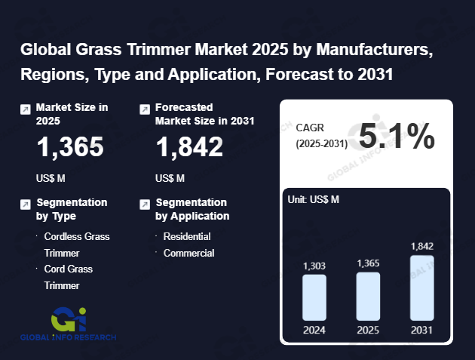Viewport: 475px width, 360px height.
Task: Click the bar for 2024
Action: click(314, 297)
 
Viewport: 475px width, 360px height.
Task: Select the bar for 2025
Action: click(368, 296)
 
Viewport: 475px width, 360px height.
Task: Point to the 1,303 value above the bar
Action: click(314, 266)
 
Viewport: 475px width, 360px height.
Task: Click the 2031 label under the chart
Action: click(422, 330)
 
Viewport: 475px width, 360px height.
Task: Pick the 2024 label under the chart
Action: click(314, 330)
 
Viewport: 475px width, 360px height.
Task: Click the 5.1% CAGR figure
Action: click(397, 137)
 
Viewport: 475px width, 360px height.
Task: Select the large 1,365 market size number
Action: click(71, 147)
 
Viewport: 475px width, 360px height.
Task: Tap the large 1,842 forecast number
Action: click(189, 147)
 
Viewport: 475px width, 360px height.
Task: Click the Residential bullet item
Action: click(187, 236)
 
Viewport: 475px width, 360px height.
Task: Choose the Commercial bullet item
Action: click(189, 253)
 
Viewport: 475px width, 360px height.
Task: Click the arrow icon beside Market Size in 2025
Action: click(26, 109)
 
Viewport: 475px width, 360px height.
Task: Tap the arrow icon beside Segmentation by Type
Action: click(26, 205)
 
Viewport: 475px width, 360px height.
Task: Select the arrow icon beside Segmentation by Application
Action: click(145, 205)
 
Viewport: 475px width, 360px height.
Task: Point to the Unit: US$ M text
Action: click(314, 199)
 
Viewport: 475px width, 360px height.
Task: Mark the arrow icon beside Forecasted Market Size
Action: click(145, 109)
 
